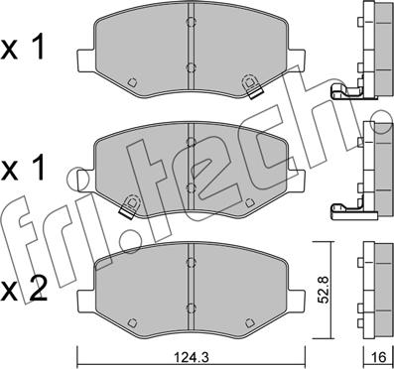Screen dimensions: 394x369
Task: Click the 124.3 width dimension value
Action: point(193,357)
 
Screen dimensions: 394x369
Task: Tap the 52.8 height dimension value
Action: point(322,291)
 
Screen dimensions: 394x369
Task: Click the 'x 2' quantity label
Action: point(23,290)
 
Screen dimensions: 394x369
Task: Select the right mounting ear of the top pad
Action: point(296,60)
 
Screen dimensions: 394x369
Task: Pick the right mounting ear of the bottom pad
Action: point(296,301)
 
